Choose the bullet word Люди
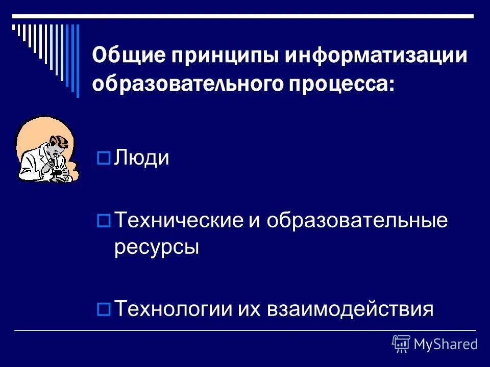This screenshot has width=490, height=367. coord(141,158)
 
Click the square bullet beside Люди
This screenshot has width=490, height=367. coord(104,159)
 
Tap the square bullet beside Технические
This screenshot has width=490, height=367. coord(104,221)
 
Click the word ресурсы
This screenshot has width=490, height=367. coord(156,248)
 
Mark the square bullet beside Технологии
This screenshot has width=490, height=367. coord(104,309)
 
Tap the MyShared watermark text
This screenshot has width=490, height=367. coord(446,345)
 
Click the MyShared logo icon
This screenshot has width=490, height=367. coord(401,344)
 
